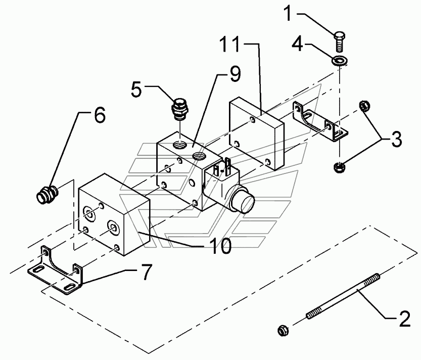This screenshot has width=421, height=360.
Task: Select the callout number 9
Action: (235, 74)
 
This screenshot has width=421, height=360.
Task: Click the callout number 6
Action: (100, 116)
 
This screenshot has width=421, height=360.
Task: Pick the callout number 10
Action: (221, 246)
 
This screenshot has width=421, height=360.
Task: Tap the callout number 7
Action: (147, 272)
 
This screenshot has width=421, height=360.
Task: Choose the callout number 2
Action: (405, 319)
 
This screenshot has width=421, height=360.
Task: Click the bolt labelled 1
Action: (340, 41)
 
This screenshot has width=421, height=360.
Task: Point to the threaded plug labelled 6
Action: (47, 194)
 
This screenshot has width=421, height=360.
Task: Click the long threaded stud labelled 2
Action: (343, 296)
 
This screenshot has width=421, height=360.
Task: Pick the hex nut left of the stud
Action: (284, 330)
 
